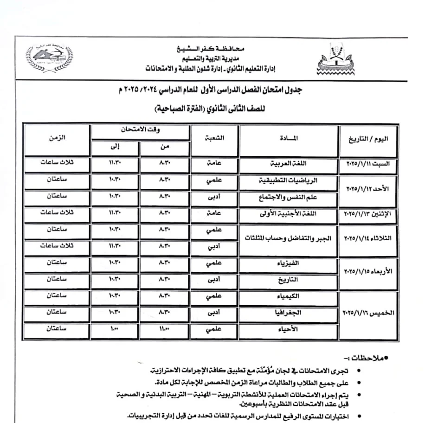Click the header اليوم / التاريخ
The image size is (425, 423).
[x=369, y=139]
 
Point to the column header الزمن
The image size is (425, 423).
[x=58, y=138]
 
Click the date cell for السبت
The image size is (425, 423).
[x=369, y=165]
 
